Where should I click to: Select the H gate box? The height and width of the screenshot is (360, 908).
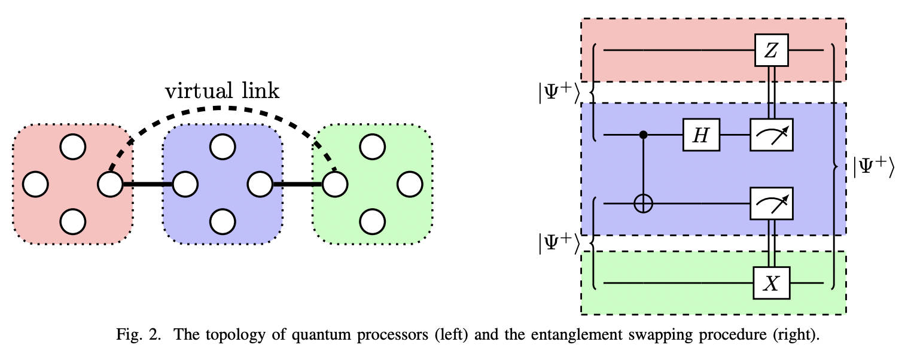click(702, 135)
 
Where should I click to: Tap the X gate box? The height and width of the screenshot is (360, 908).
click(772, 283)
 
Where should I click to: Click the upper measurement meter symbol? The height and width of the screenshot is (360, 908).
click(772, 135)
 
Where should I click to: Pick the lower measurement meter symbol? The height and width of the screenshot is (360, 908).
click(772, 204)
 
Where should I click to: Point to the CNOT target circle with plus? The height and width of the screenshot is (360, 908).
click(644, 204)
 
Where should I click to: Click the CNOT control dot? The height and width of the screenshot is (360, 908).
click(644, 135)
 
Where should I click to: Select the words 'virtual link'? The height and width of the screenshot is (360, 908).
click(222, 91)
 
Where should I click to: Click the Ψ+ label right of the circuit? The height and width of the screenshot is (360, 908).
click(873, 168)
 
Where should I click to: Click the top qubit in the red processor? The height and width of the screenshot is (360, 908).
click(72, 147)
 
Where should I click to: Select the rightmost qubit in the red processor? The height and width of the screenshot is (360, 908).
click(109, 184)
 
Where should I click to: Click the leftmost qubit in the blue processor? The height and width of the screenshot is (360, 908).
click(185, 184)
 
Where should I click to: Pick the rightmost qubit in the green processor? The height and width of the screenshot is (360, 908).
click(409, 184)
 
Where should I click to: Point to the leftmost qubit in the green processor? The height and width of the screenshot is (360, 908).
click(335, 184)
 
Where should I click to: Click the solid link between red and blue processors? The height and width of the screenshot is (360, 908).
click(147, 184)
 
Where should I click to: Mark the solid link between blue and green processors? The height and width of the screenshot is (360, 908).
click(297, 184)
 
